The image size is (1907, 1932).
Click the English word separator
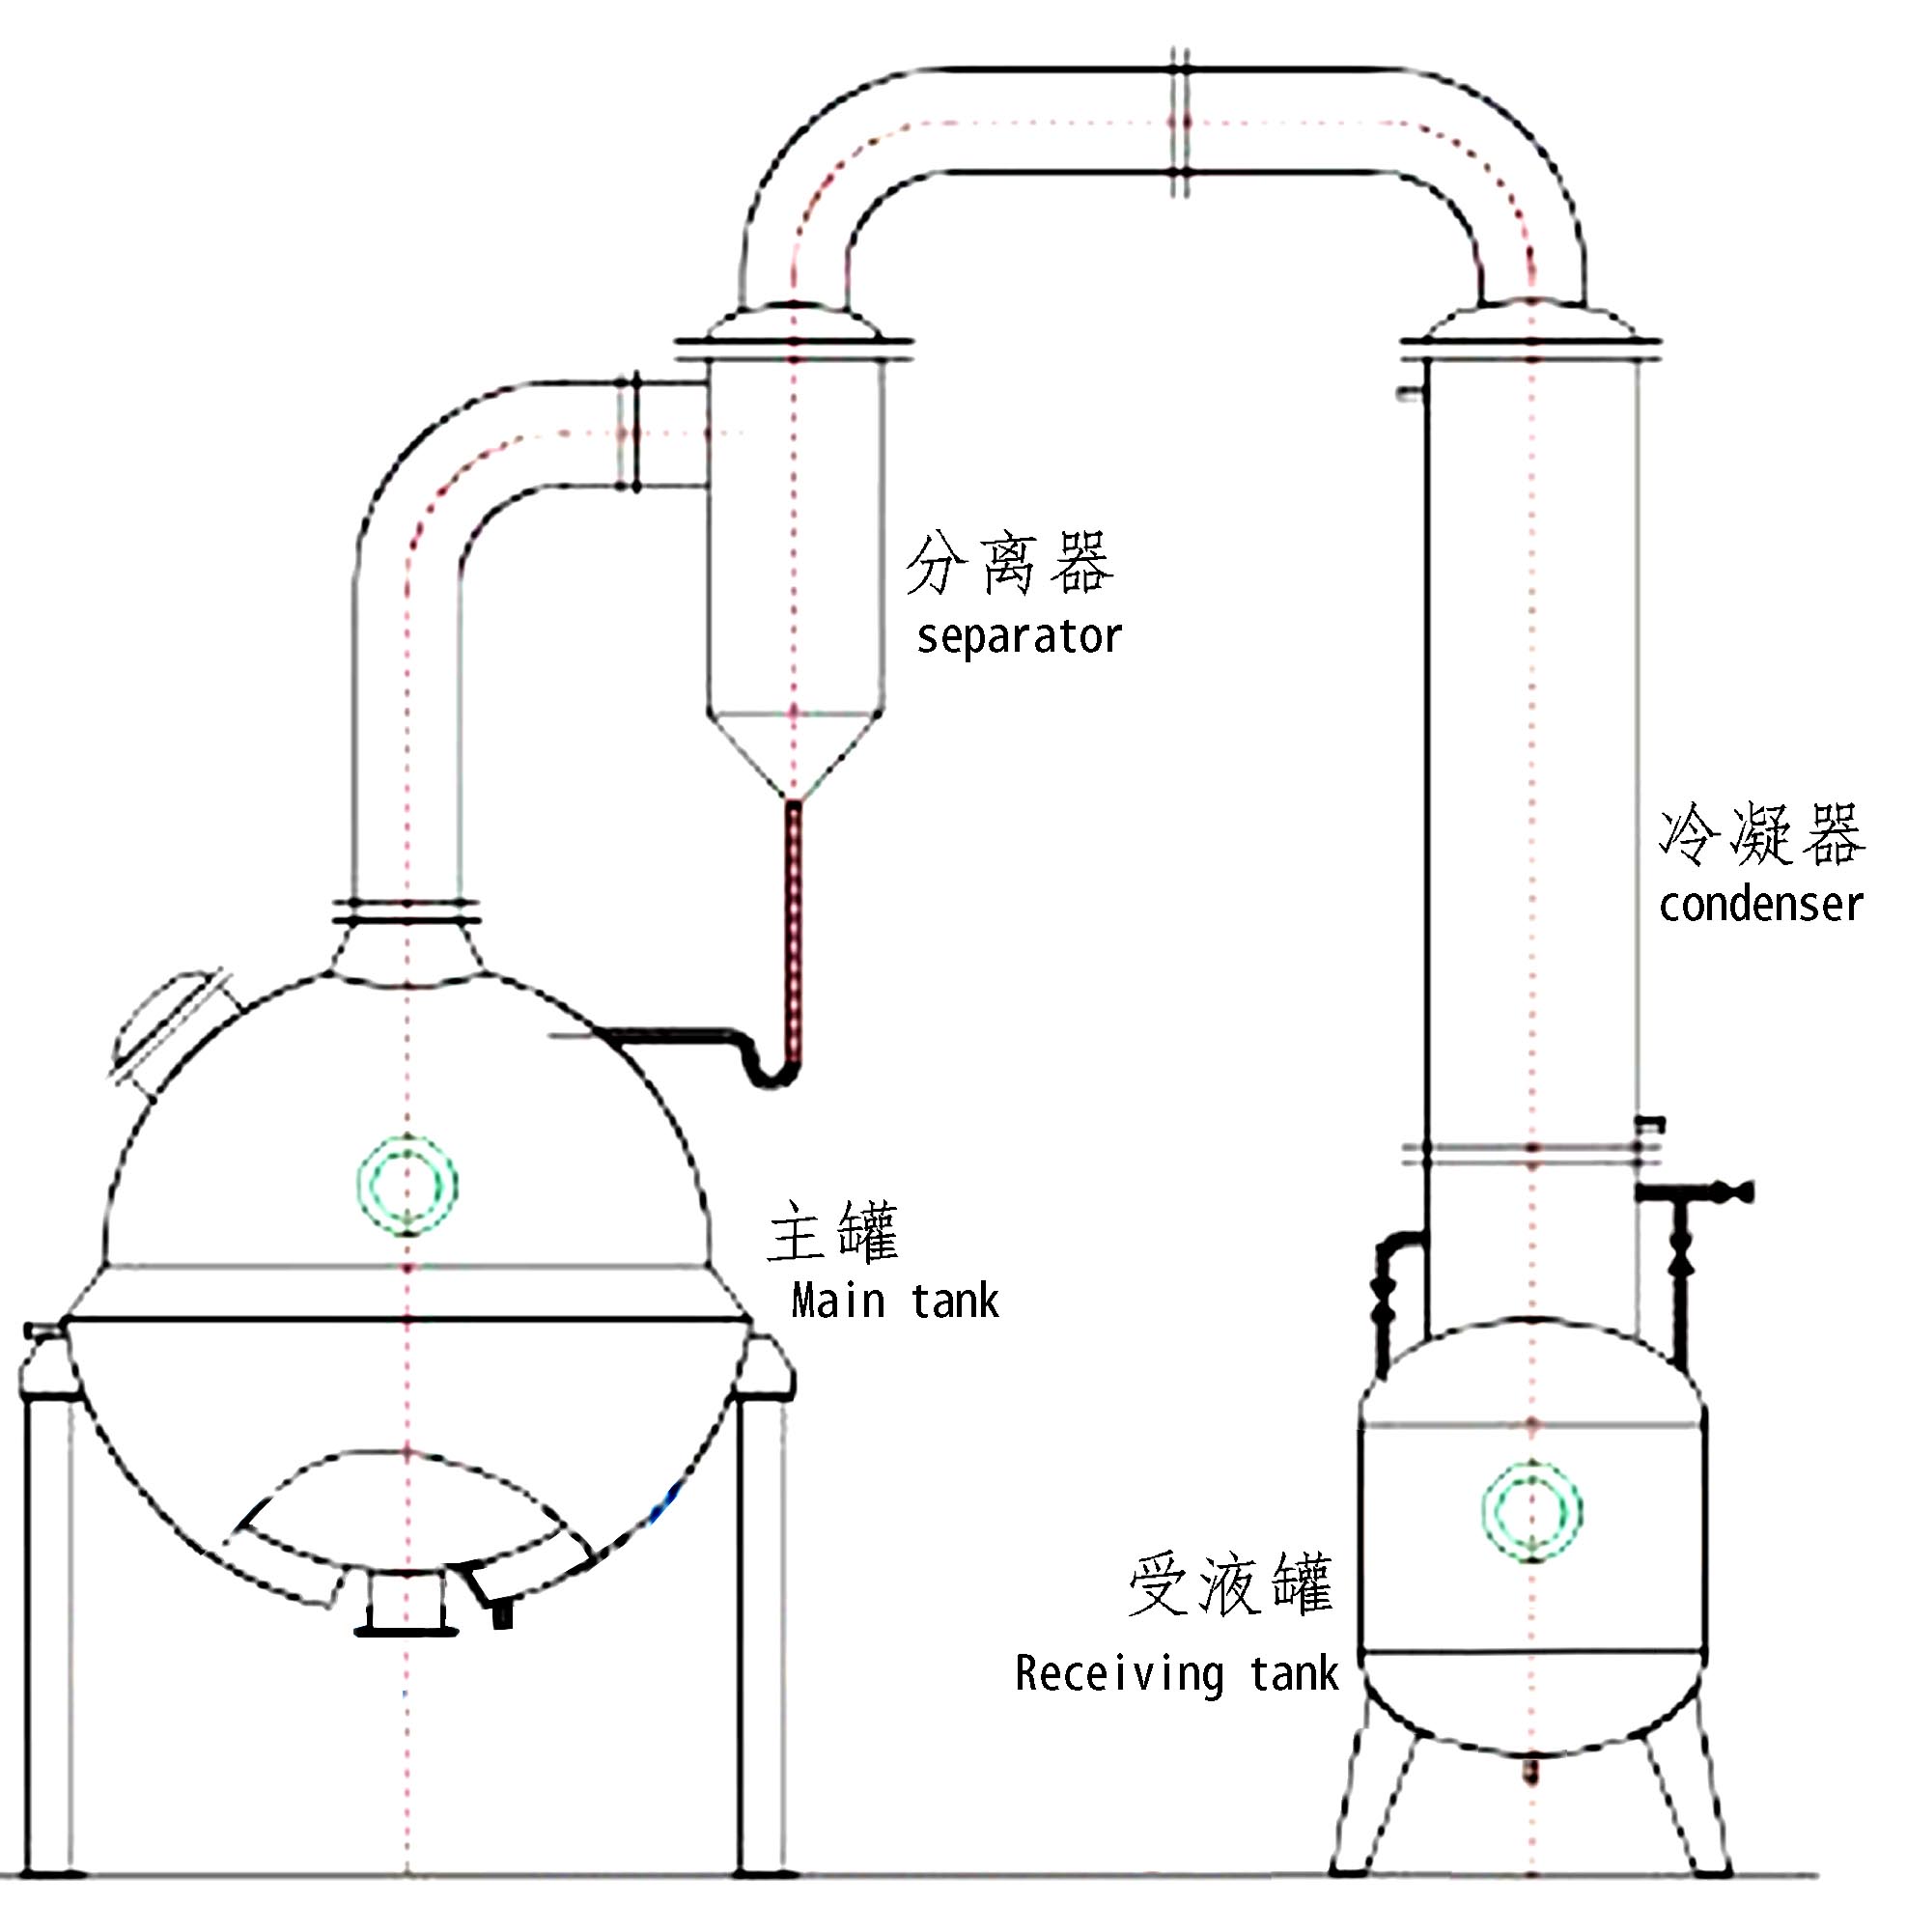point(1018,637)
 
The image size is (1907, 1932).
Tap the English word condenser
point(1760,905)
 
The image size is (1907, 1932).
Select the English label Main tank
point(894,1302)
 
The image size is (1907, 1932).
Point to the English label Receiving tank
point(1175,1674)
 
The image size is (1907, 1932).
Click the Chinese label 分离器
point(1009,564)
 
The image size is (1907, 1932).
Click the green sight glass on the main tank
point(407,1184)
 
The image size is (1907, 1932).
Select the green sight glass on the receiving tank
point(1531,1511)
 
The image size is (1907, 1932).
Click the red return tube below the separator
point(794,930)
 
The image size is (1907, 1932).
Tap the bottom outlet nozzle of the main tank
point(406,1606)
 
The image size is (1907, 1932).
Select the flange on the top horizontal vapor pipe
point(1181,122)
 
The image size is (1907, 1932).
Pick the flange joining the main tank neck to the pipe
point(406,911)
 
